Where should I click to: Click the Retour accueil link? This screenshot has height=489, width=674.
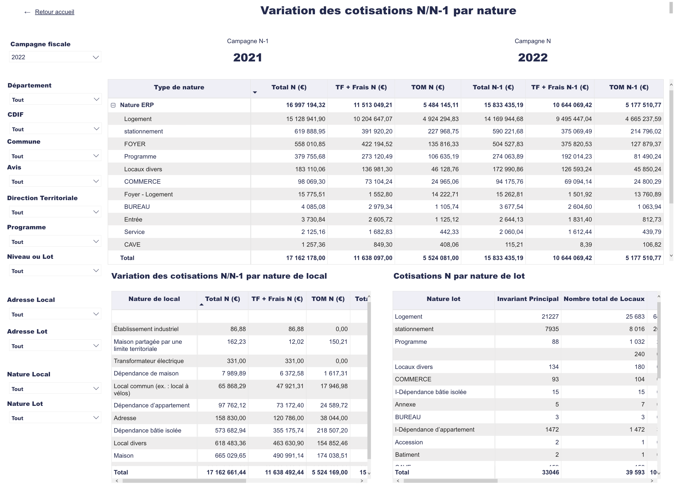click(x=54, y=12)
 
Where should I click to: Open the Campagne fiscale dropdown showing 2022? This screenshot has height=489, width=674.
click(x=55, y=57)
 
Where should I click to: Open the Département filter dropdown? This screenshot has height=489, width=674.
click(x=55, y=100)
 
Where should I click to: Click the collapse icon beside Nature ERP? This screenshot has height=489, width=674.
click(x=113, y=105)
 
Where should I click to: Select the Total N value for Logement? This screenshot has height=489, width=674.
click(x=305, y=119)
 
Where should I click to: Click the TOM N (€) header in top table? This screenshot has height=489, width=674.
click(x=428, y=87)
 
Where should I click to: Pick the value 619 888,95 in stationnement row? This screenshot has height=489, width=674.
click(x=309, y=131)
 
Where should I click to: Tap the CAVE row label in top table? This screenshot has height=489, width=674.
click(x=132, y=244)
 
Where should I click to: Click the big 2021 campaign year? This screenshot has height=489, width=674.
click(x=247, y=58)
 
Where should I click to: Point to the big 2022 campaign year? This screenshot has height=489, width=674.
click(x=532, y=58)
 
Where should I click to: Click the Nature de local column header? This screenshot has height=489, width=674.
click(x=154, y=299)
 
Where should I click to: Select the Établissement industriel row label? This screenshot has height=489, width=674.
click(x=146, y=329)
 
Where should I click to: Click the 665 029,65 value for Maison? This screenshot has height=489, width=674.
click(x=230, y=455)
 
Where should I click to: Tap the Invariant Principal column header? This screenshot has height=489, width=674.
click(x=528, y=299)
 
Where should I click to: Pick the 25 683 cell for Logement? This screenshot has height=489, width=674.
click(x=635, y=316)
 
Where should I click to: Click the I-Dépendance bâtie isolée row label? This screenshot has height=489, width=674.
click(x=430, y=392)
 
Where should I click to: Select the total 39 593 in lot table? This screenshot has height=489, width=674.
click(x=635, y=472)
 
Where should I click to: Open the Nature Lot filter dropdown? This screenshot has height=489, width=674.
click(x=55, y=418)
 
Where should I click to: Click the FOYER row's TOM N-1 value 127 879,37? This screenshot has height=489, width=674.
click(x=647, y=144)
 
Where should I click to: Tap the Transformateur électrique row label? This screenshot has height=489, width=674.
click(x=149, y=361)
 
